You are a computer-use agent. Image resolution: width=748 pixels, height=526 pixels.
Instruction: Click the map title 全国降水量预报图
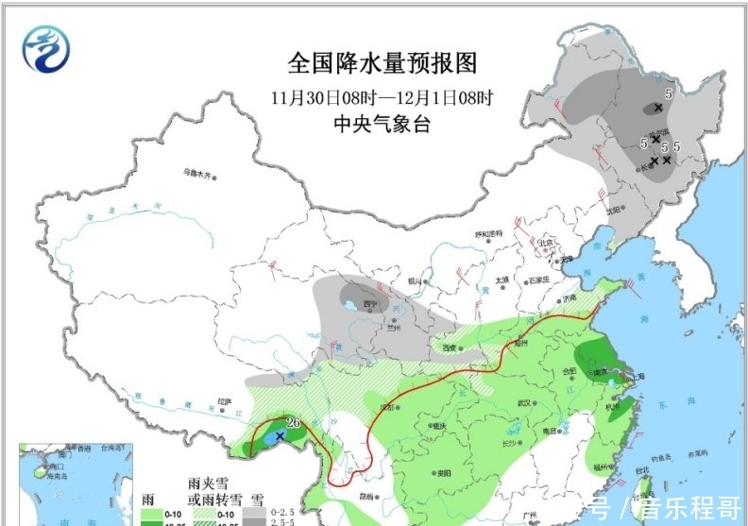[382, 63]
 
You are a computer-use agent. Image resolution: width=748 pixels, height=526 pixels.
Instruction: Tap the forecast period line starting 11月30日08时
[382, 96]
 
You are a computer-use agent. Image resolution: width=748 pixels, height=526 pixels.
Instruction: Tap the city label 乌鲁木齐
[200, 173]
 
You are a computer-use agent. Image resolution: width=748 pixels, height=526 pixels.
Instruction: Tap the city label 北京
[544, 243]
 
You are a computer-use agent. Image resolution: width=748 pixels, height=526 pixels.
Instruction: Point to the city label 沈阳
[616, 210]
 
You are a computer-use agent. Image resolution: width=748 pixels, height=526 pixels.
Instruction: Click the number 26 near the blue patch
[293, 422]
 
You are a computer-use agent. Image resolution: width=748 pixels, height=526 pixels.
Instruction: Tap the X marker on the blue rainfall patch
[279, 436]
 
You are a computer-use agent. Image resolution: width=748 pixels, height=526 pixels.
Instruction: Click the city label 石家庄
[541, 280]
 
